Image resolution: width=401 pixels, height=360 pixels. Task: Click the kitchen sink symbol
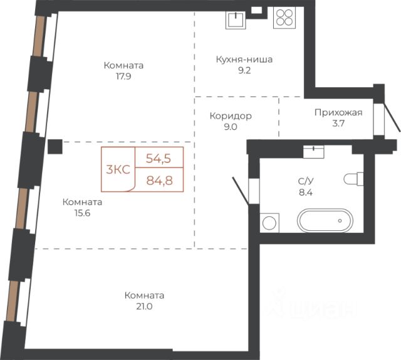pos(236,19)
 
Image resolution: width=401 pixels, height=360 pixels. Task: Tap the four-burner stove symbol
pos(284,18)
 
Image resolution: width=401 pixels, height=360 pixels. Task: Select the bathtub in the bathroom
pos(325,221)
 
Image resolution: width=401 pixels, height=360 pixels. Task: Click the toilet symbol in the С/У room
pos(353,179)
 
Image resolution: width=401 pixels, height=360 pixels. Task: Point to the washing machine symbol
pos(269,223)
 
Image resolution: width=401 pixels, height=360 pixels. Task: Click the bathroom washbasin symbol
pos(313,152)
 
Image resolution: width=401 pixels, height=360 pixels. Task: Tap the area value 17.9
pos(123,77)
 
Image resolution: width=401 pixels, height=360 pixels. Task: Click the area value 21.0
pos(144,306)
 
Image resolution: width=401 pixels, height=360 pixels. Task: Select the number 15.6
pos(82,213)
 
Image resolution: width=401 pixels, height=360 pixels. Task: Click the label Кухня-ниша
pos(244,60)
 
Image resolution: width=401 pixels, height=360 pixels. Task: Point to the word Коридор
pos(231,116)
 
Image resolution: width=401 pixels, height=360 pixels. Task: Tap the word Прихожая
pos(338,112)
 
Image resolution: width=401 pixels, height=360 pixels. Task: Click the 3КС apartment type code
pos(118,169)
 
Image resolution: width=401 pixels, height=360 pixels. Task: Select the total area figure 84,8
pos(159,181)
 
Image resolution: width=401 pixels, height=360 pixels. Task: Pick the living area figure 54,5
pos(159,159)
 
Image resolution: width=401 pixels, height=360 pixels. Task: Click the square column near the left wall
pos(55,147)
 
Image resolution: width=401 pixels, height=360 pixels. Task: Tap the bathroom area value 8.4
pos(306,192)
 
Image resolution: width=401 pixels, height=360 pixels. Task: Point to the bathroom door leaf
pos(241,191)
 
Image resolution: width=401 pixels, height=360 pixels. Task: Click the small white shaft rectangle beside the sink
pos(256,10)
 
